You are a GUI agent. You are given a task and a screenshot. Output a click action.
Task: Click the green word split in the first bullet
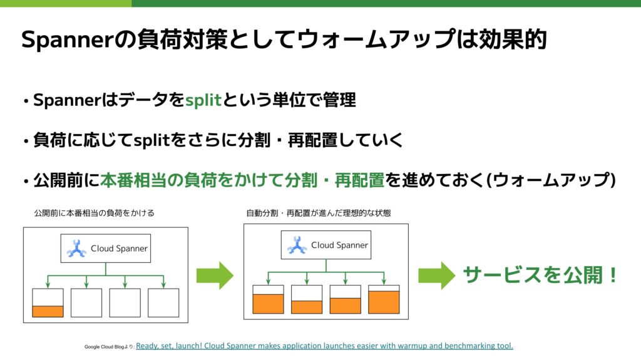pos(204,100)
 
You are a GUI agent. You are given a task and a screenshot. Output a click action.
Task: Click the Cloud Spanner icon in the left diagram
pos(76,249)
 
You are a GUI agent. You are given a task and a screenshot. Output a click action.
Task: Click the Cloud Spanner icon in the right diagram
pos(297,245)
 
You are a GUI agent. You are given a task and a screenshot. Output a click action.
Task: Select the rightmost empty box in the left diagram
pos(163,303)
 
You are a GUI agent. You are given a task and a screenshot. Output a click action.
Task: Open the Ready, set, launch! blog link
pos(324,346)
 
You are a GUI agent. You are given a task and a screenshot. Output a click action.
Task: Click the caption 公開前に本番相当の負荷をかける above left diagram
pos(94,213)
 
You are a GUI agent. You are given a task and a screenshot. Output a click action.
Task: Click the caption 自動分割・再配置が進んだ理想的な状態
pos(319,213)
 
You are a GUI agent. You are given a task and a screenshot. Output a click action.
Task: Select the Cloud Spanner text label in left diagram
pos(119,249)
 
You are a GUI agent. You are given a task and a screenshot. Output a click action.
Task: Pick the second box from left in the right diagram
pos(307,299)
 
